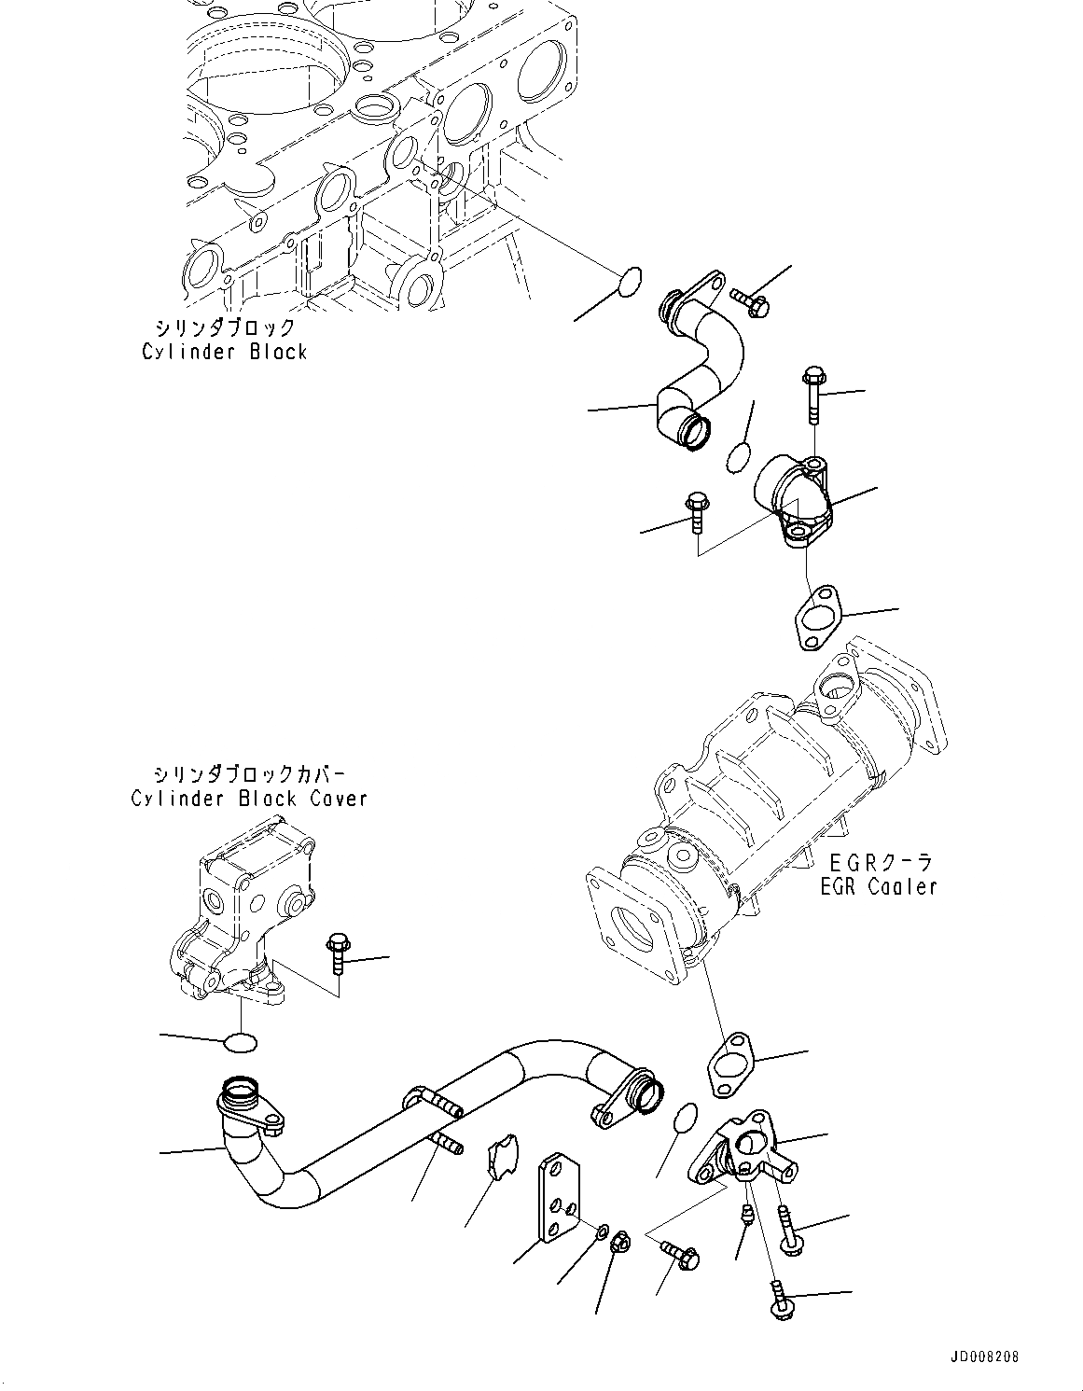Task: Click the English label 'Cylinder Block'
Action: pyautogui.click(x=224, y=352)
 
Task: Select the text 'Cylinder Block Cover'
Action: pyautogui.click(x=248, y=799)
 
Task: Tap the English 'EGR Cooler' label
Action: pyautogui.click(x=878, y=886)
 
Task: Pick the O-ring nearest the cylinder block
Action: pyautogui.click(x=631, y=280)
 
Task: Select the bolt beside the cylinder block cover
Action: pyautogui.click(x=337, y=953)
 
